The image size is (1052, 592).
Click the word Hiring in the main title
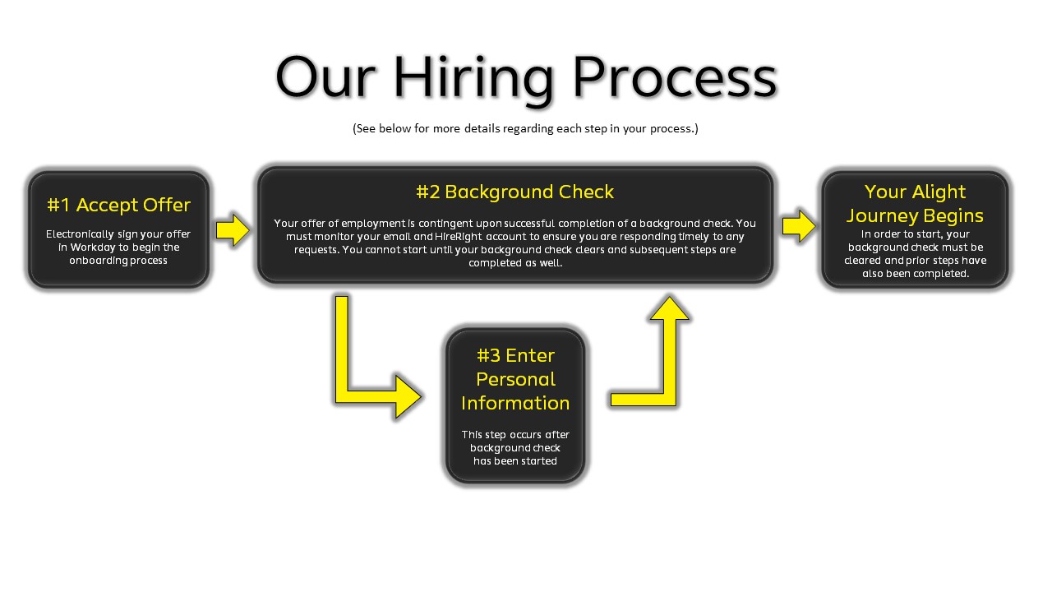point(474,78)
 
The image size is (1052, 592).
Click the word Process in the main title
point(674,78)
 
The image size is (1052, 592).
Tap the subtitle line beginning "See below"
point(525,128)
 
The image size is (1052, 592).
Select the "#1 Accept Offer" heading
point(118,205)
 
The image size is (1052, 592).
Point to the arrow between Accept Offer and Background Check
point(233,229)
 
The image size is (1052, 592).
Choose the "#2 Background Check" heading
point(514,192)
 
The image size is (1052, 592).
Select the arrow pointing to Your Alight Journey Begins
point(799,225)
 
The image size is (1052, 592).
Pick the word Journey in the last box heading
point(879,215)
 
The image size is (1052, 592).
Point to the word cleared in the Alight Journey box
point(864,260)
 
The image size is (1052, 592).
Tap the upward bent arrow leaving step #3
point(657,362)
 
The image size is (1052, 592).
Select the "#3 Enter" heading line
point(515,355)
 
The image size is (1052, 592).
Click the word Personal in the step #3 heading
point(515,379)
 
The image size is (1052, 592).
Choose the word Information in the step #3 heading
point(515,403)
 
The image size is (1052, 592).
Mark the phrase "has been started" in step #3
point(515,461)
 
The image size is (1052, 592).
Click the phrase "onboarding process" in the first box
point(118,260)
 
